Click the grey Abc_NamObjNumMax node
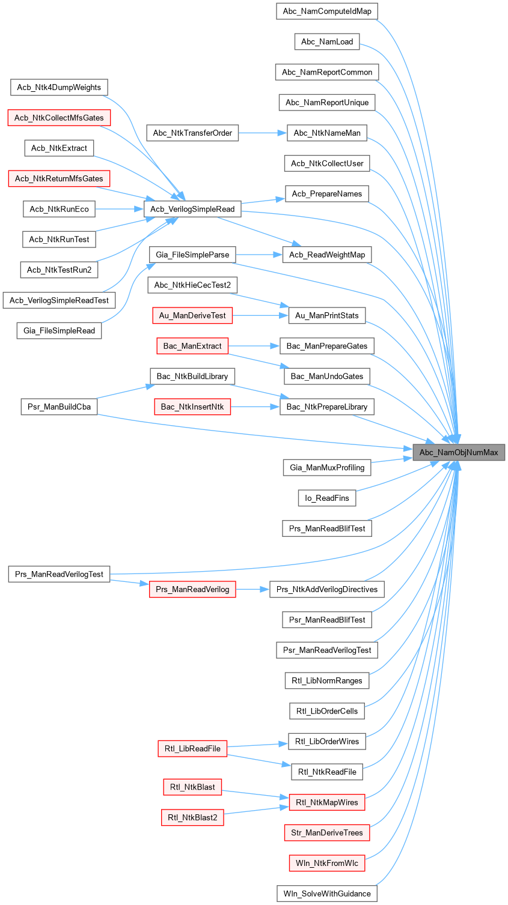coord(458,452)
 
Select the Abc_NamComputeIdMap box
coord(327,11)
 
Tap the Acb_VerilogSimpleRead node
coord(192,209)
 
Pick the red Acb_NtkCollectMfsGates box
coord(59,118)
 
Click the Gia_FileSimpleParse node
coord(192,255)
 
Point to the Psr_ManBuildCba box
coord(59,407)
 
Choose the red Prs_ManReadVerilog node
coord(192,589)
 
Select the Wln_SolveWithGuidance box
coord(327,894)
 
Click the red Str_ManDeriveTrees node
coord(327,833)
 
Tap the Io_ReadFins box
coord(327,498)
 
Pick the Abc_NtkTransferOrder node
coord(192,133)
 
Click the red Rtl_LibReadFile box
coord(192,748)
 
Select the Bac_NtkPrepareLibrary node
coord(327,407)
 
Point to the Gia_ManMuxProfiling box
coord(327,467)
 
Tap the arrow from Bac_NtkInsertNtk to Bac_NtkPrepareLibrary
coord(255,407)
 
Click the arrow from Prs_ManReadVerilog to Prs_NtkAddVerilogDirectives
coord(252,589)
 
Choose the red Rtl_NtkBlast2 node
coord(192,817)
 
